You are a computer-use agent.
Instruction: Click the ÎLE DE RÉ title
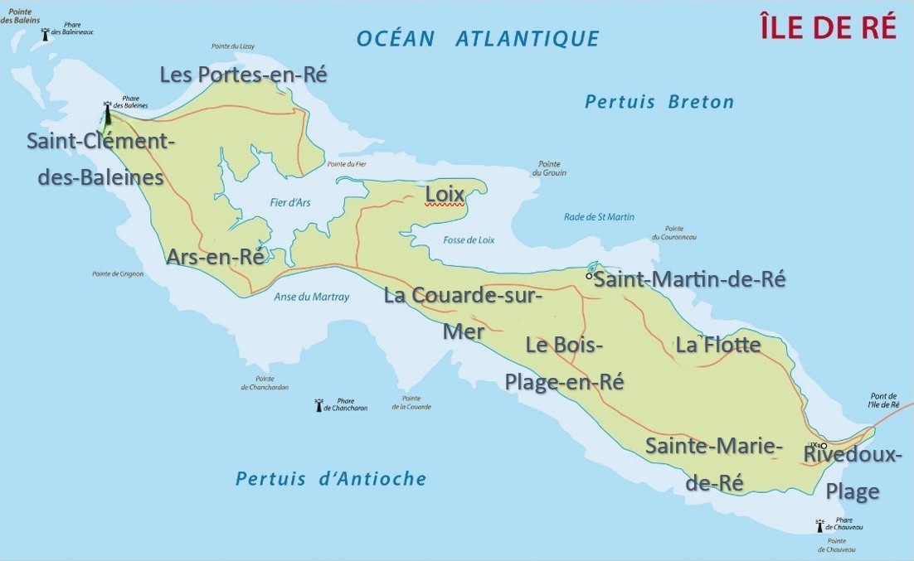828,27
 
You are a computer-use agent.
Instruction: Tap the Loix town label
444,194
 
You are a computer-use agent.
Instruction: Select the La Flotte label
718,344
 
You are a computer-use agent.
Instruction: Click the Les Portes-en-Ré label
244,75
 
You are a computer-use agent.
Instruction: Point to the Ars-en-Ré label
216,257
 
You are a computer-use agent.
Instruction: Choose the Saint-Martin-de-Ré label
690,279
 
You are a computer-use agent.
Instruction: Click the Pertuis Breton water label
659,102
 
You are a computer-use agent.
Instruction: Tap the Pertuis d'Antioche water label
331,479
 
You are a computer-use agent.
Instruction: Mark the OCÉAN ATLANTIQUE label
478,38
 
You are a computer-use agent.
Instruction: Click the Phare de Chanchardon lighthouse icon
318,405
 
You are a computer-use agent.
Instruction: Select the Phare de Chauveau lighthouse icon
819,525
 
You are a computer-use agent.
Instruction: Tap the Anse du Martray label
312,297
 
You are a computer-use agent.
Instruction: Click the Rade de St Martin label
599,217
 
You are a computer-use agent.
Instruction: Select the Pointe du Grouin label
549,168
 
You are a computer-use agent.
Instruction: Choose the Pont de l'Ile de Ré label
883,400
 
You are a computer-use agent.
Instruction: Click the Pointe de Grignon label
118,273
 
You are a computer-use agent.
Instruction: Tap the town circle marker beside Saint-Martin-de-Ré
589,277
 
